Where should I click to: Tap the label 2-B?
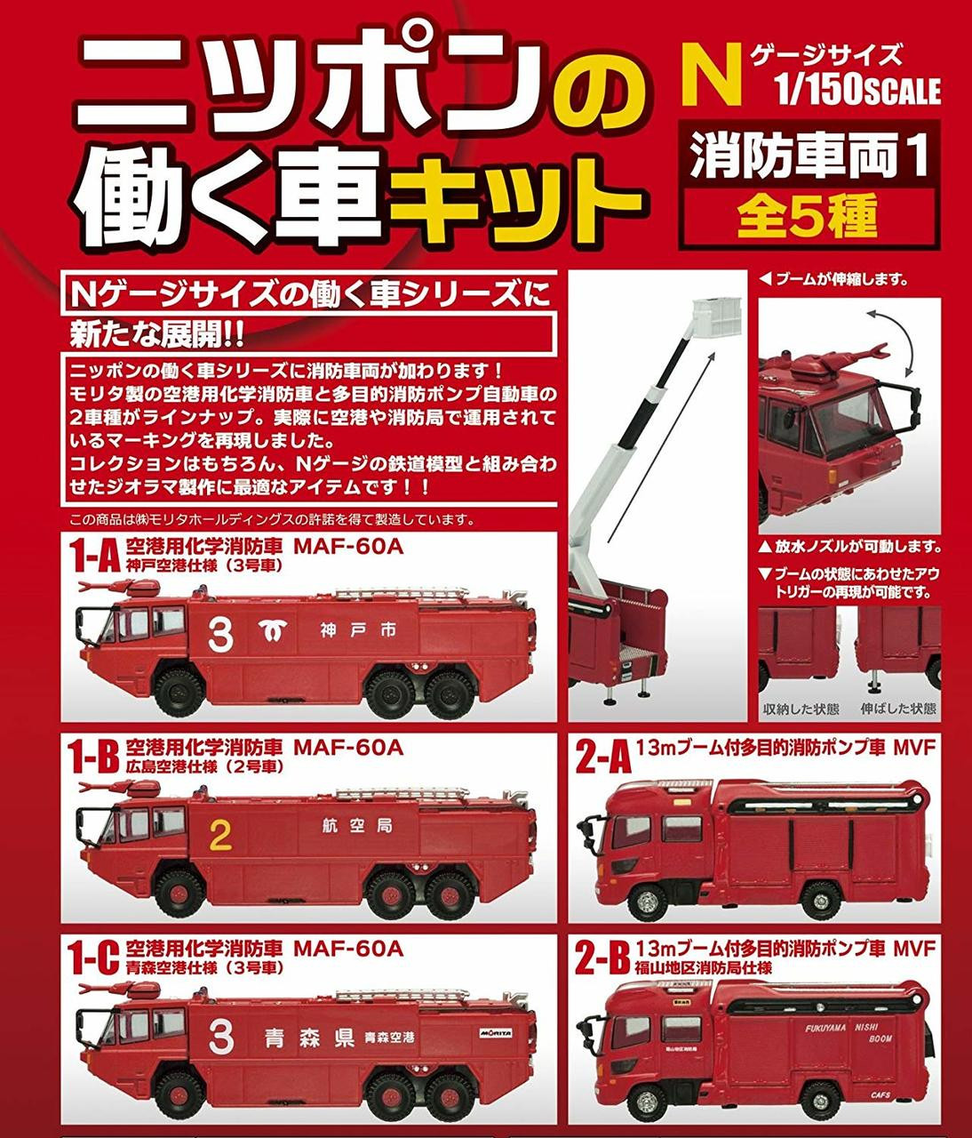click(x=603, y=958)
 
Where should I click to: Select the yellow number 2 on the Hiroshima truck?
click(x=220, y=835)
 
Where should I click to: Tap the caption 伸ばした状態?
click(x=898, y=708)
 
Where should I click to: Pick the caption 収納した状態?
click(x=801, y=708)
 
